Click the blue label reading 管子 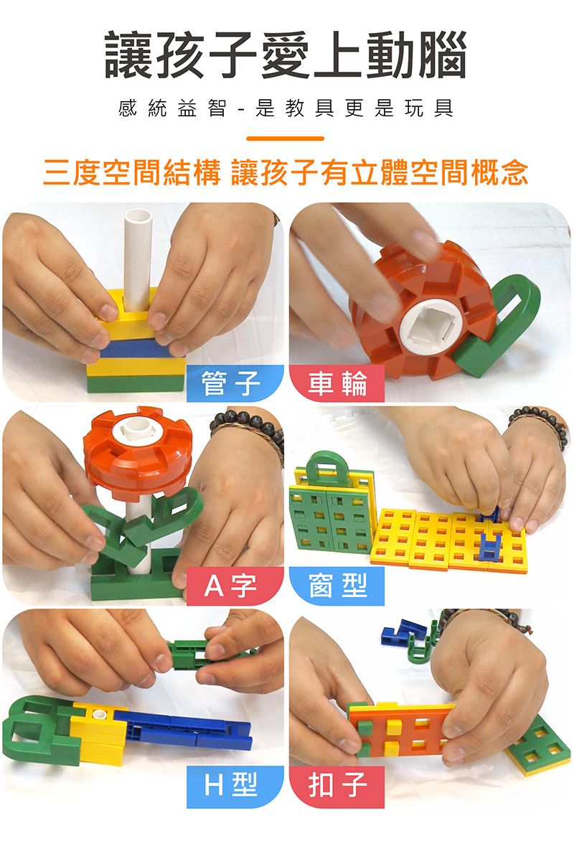(235, 383)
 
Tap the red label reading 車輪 (337, 383)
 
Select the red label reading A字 (235, 586)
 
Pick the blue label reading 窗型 (337, 586)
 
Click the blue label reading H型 (235, 787)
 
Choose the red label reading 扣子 (337, 787)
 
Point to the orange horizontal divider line (285, 139)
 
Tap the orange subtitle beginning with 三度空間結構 (286, 174)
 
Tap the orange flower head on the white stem (138, 451)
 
